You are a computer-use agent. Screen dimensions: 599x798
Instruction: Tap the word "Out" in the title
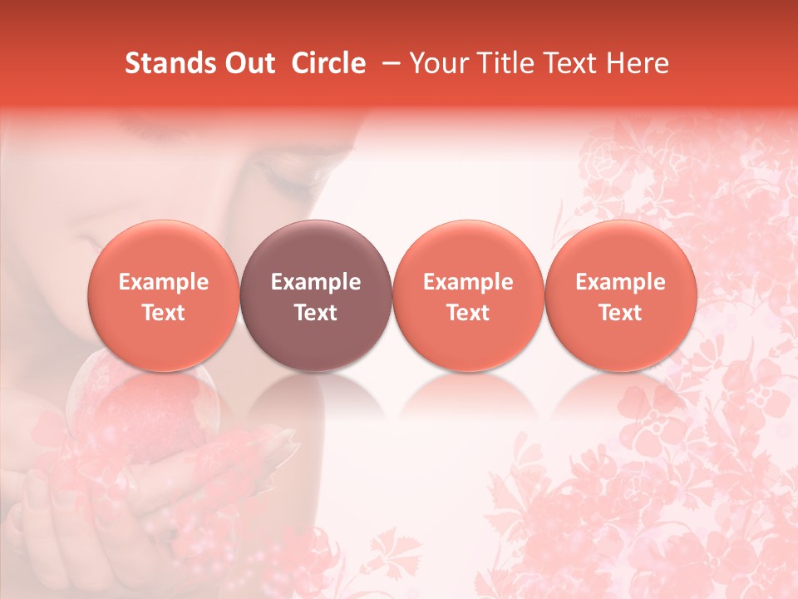(249, 63)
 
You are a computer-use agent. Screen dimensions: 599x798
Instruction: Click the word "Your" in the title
(437, 63)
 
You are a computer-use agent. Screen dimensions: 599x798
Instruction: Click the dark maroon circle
(316, 295)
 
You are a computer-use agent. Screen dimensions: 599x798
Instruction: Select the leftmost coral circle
(163, 295)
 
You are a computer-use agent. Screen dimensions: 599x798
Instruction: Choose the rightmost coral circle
(621, 295)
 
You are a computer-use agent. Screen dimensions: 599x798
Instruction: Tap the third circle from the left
(468, 295)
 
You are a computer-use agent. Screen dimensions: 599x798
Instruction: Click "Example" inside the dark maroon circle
(316, 282)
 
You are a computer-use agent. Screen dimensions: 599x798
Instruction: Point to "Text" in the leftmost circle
(164, 313)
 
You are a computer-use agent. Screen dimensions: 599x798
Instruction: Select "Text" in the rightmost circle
(621, 313)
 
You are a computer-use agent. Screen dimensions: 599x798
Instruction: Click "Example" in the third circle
(468, 282)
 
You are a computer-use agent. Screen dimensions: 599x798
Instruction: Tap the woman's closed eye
(283, 171)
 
